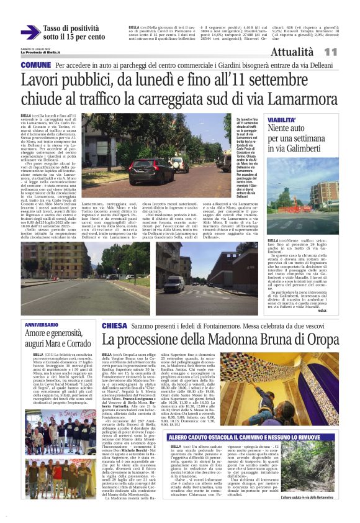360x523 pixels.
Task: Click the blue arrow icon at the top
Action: coord(30,32)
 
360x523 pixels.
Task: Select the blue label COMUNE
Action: coord(36,65)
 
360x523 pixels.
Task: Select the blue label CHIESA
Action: coord(114,325)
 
